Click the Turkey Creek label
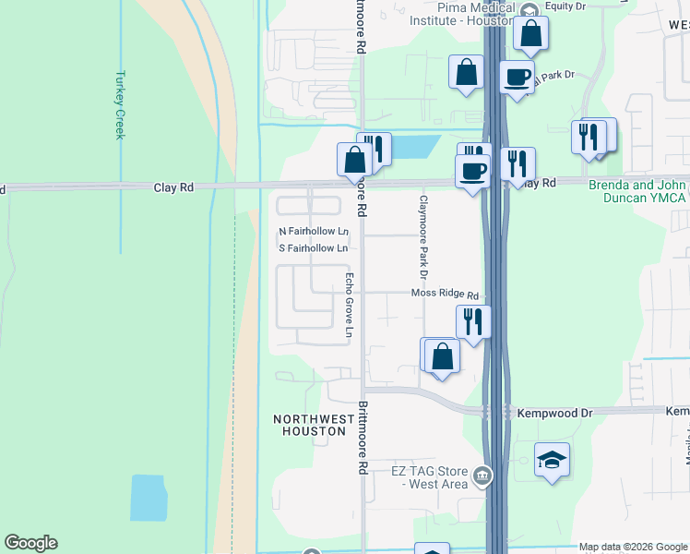coord(119,105)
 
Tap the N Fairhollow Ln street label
coord(314,231)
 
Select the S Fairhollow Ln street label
coord(314,248)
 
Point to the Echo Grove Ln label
coord(349,304)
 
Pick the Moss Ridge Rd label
coord(445,295)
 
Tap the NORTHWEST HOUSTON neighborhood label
coord(314,426)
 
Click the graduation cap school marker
coord(552,460)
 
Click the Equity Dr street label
coord(565,6)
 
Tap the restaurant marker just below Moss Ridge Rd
coord(473,322)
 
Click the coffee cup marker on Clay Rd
coord(473,171)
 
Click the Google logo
coord(30,543)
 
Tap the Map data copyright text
coord(632,547)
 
